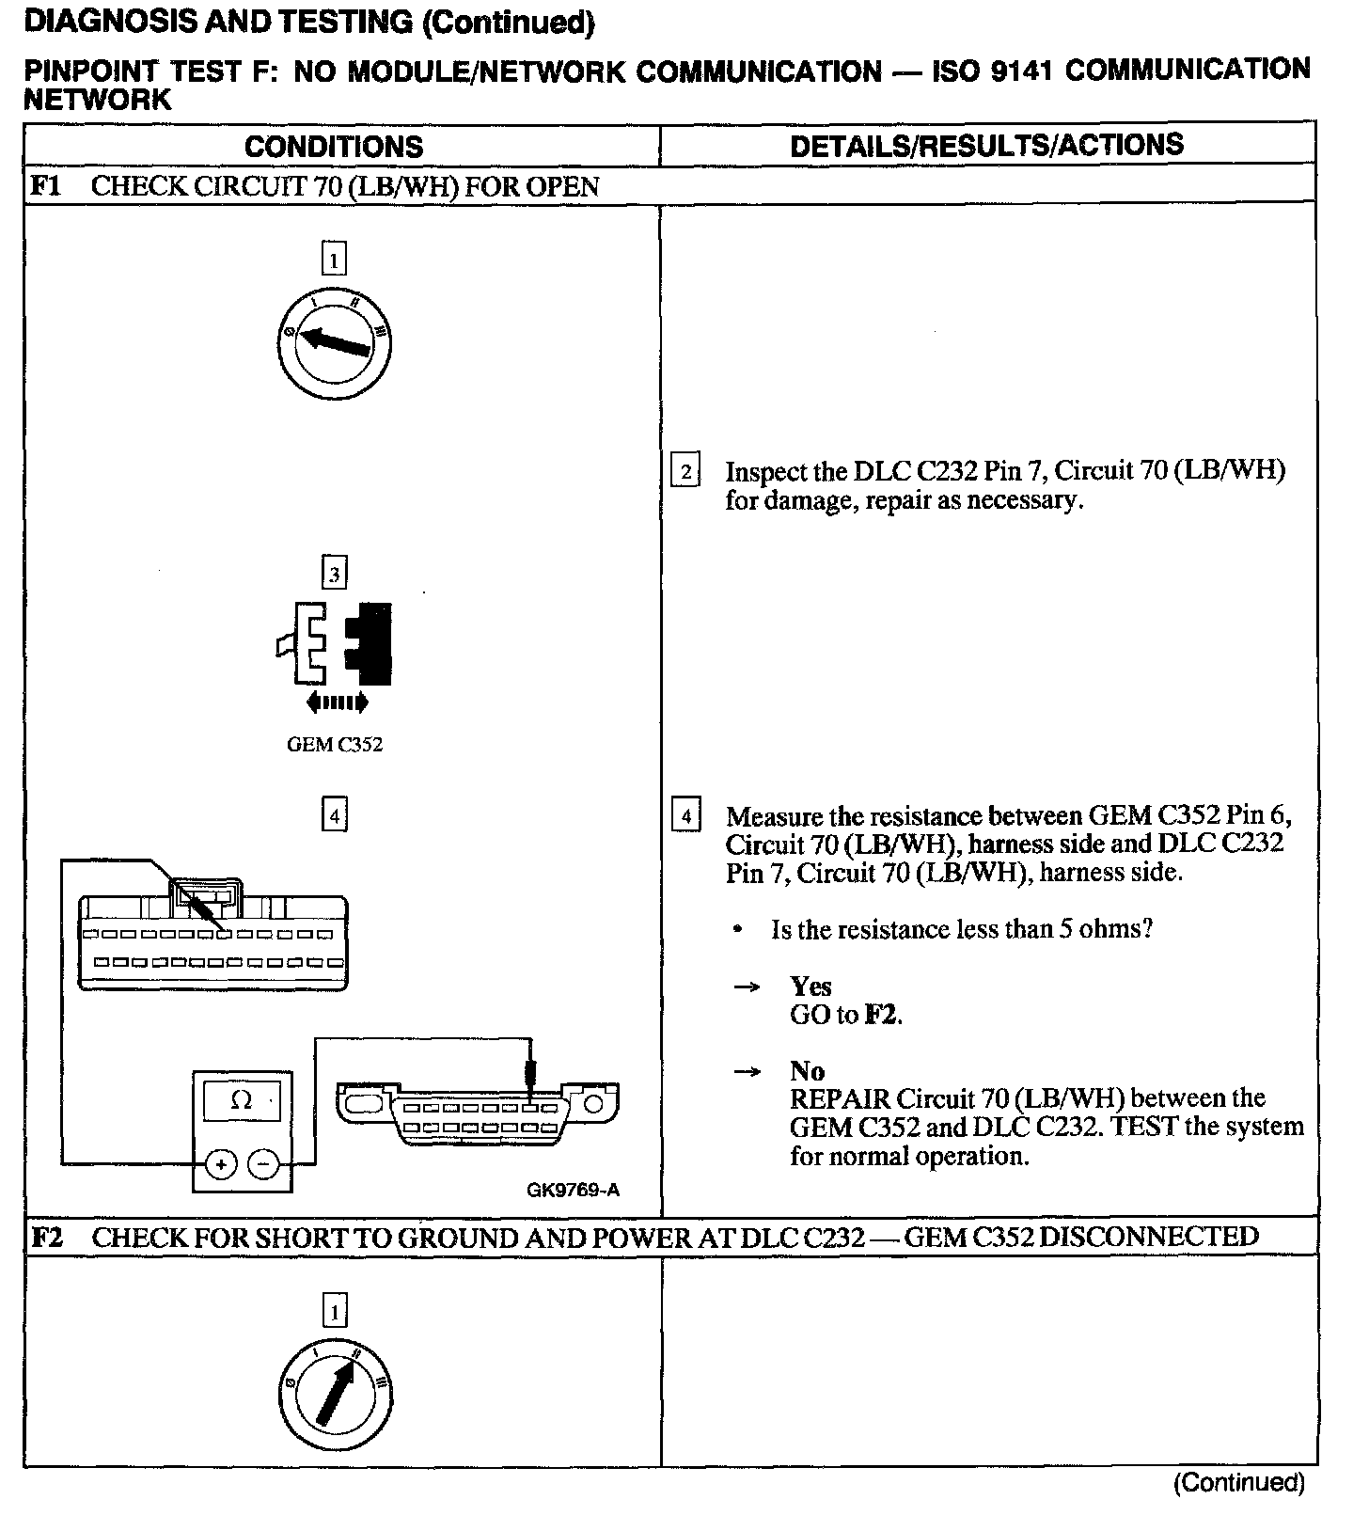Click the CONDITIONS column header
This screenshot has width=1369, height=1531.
[x=334, y=147]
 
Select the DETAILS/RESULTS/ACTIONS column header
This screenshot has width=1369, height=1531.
[x=986, y=145]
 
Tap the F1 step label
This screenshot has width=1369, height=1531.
[x=45, y=185]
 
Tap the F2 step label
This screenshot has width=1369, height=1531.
[x=47, y=1237]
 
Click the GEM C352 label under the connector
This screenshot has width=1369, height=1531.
[x=335, y=745]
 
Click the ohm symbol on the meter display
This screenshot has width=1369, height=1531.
[x=241, y=1099]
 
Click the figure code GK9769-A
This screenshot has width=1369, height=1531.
[x=573, y=1190]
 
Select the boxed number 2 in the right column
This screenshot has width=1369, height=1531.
[x=685, y=471]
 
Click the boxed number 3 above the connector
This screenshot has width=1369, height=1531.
[x=335, y=573]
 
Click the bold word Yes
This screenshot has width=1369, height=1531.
[x=810, y=986]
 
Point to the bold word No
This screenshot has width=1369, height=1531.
[x=807, y=1070]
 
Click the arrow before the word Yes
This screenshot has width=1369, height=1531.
[x=747, y=986]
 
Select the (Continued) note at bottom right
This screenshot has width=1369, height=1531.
[x=1239, y=1483]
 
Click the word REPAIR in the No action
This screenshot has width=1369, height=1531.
[x=840, y=1098]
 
